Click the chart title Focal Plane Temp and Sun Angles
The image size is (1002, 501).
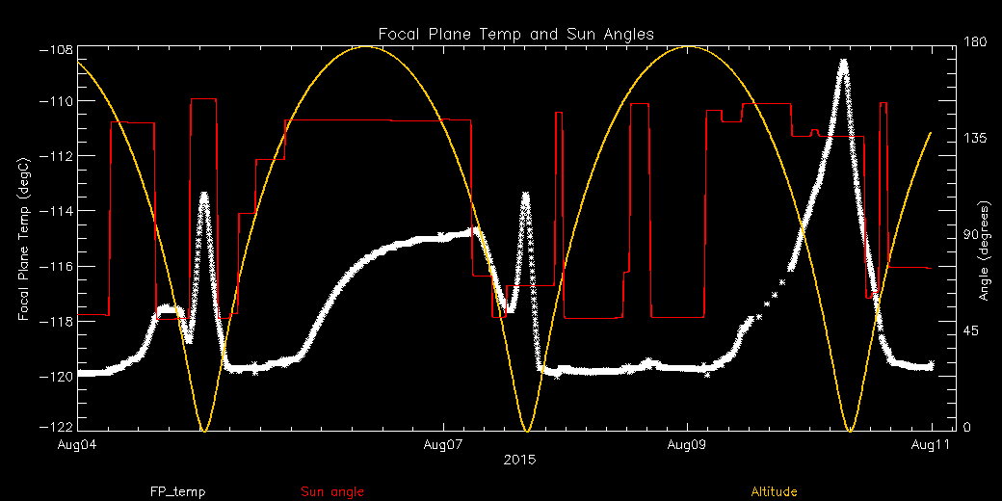click(x=515, y=34)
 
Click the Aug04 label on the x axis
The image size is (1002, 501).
click(x=78, y=445)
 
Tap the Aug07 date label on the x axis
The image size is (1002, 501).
click(x=442, y=445)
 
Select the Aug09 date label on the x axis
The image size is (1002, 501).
click(x=687, y=445)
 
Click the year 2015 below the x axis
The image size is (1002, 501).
click(x=520, y=460)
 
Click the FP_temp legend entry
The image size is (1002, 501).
click(x=177, y=492)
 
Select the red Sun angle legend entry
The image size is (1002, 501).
click(x=332, y=492)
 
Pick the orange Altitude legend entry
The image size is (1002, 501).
click(x=774, y=492)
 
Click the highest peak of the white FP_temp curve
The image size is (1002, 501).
click(x=844, y=63)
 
